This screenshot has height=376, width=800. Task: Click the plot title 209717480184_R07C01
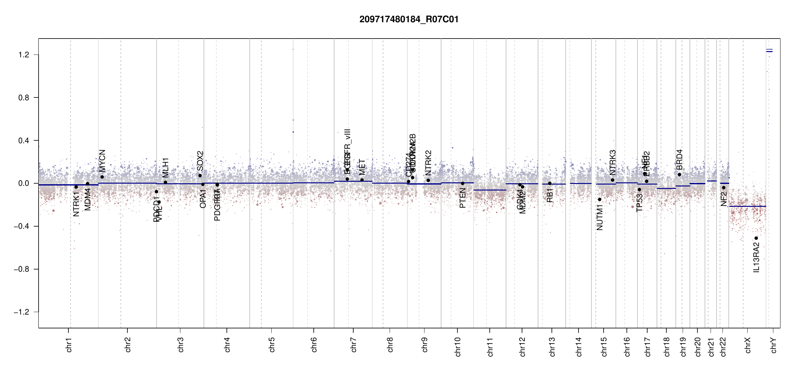pos(409,19)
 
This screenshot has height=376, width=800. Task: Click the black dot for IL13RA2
pos(756,238)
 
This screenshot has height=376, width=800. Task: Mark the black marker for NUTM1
pos(600,199)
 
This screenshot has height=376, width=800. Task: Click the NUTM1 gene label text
pos(600,217)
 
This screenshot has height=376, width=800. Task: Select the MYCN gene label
pos(102,161)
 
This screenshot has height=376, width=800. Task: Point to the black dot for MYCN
pos(102,177)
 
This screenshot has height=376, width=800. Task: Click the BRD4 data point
pos(679,175)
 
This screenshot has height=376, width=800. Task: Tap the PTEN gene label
pos(462,198)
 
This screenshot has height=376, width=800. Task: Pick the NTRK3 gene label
pos(612,163)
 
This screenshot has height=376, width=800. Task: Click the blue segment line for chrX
pos(747,206)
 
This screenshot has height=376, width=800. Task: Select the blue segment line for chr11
pos(489,190)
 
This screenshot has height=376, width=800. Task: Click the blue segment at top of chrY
pos(769,51)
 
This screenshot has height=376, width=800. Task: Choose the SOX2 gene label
pos(200,161)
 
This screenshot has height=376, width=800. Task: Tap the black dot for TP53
pos(639,190)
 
